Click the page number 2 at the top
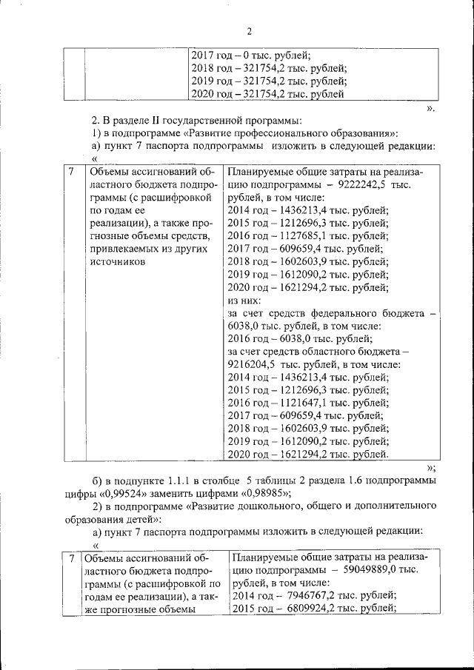coord(249,30)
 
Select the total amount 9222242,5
coord(362,183)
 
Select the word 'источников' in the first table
coord(115,263)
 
